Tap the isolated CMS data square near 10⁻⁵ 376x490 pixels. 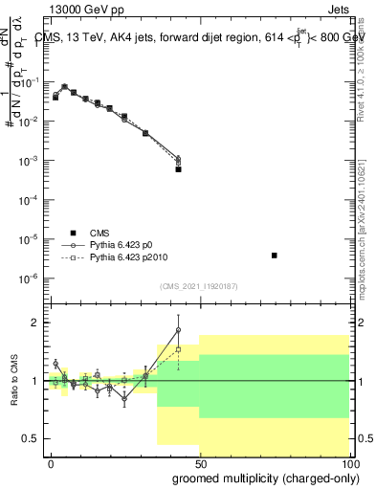pyautogui.click(x=275, y=256)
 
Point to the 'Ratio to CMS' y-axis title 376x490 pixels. pyautogui.click(x=14, y=381)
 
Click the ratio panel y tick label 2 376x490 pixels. pyautogui.click(x=34, y=323)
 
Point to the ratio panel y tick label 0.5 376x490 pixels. pyautogui.click(x=31, y=438)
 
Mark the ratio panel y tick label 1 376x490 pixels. pyautogui.click(x=34, y=381)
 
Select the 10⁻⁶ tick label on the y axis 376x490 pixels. pyautogui.click(x=29, y=278)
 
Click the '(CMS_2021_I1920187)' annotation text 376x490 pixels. pyautogui.click(x=199, y=285)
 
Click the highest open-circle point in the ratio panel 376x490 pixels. pyautogui.click(x=178, y=330)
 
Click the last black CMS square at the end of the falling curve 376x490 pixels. pyautogui.click(x=178, y=169)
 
